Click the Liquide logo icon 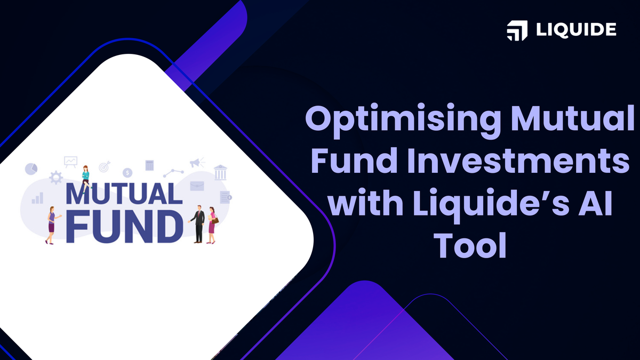(517, 30)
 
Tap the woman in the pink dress (212, 225)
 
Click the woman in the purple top (51, 225)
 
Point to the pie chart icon (31, 169)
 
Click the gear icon (55, 178)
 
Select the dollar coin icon (127, 172)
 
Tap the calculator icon (149, 165)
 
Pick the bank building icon (220, 172)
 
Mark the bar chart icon (37, 198)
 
